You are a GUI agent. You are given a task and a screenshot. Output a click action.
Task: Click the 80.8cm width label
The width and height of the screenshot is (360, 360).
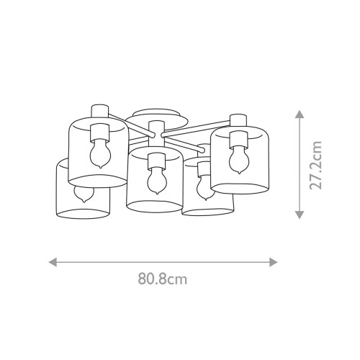[163, 279]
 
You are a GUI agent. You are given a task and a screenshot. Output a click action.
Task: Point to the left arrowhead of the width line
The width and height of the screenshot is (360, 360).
[52, 262]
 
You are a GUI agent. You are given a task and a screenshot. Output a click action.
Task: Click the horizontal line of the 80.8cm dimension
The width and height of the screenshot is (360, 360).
[163, 262]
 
